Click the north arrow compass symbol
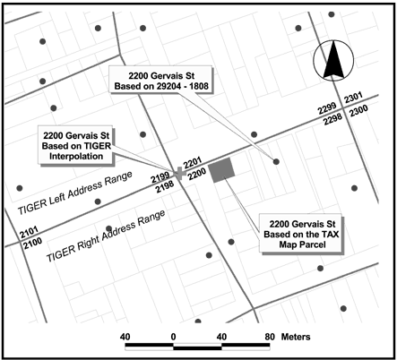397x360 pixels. (332, 63)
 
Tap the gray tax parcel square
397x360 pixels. (222, 170)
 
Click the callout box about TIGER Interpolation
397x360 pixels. (83, 144)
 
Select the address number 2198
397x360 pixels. (162, 187)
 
